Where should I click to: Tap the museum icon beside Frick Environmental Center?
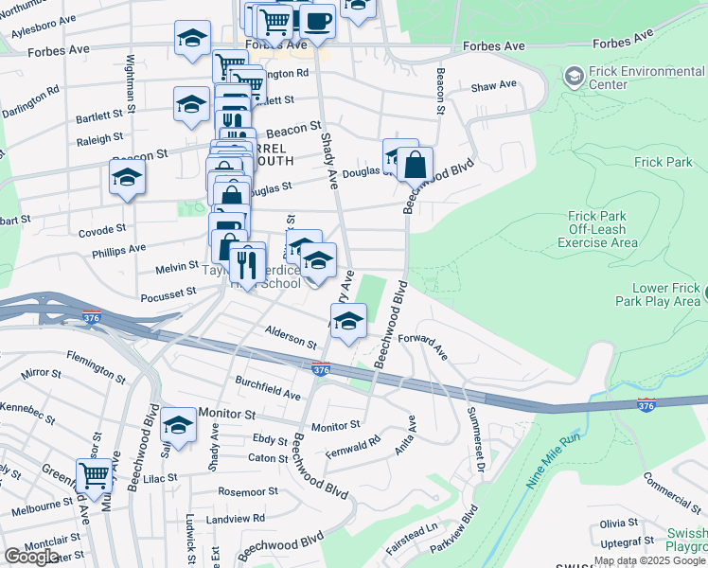574,75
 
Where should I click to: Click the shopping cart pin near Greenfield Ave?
94,475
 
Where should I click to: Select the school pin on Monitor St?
178,425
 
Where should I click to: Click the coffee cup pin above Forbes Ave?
317,20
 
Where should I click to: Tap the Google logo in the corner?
31,556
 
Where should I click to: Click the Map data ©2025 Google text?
649,560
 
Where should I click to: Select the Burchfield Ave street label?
268,392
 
